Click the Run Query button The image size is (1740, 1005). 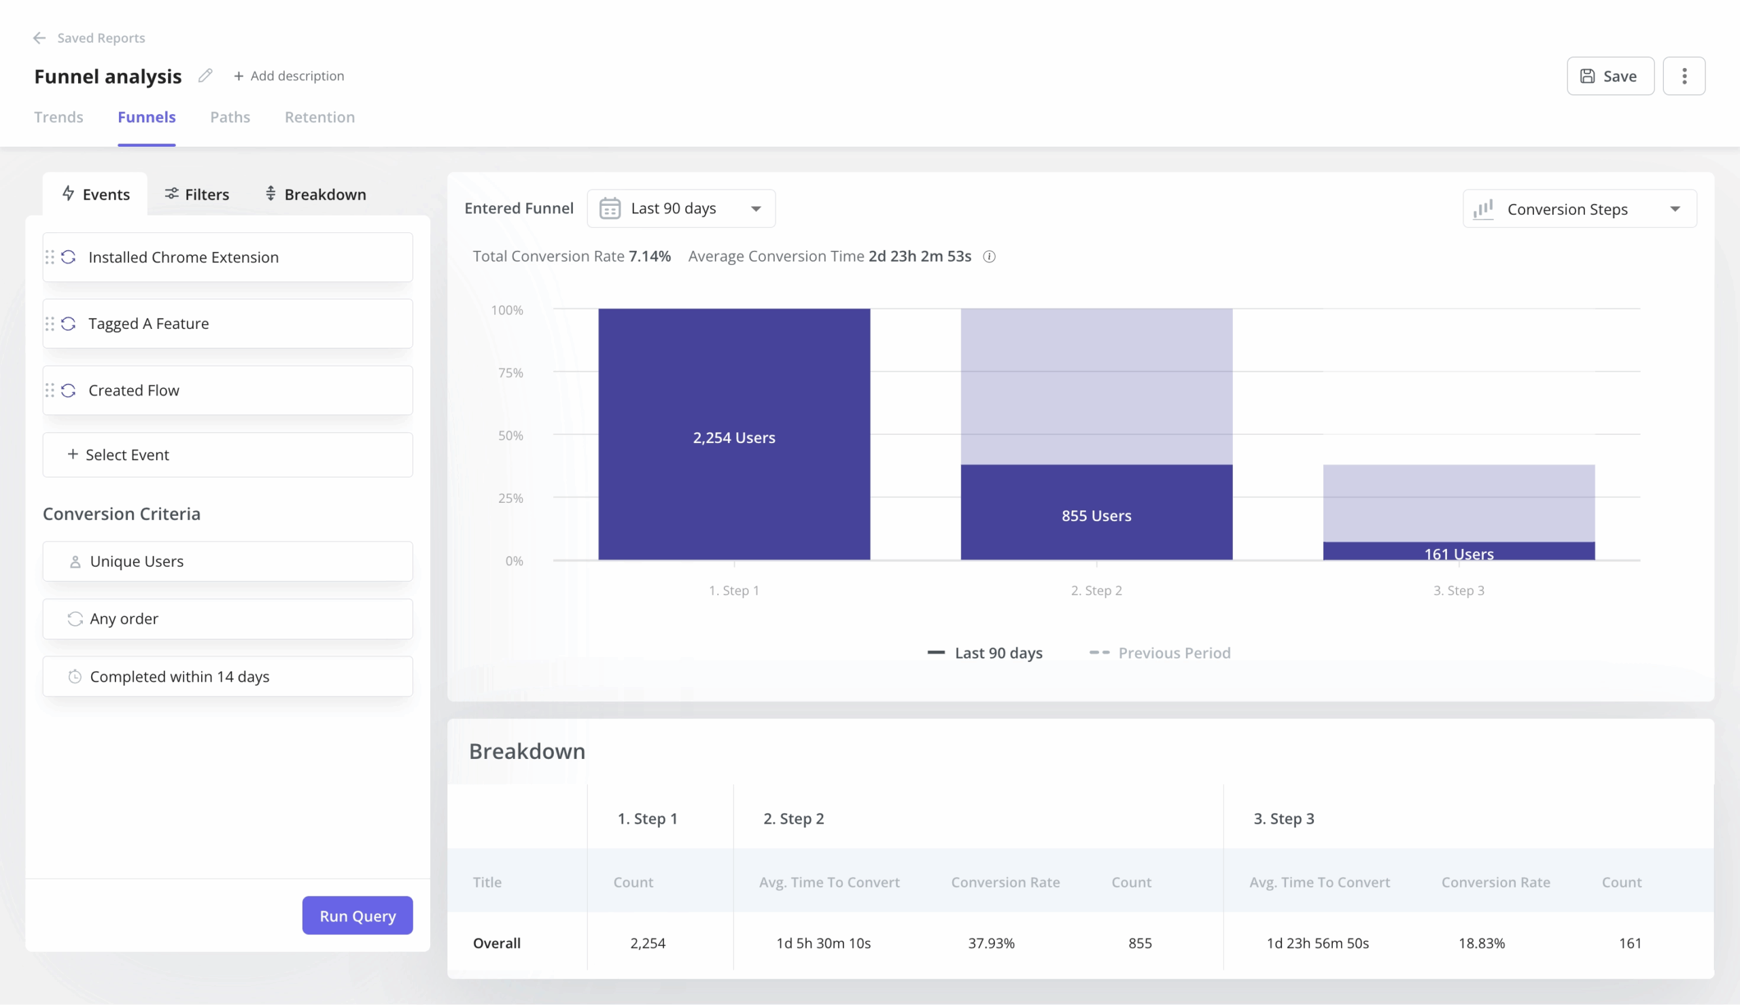click(x=357, y=915)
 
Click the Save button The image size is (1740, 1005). click(x=1609, y=76)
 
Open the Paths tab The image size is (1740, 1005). click(x=230, y=118)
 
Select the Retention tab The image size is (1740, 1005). click(x=319, y=118)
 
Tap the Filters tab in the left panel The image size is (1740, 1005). click(x=196, y=194)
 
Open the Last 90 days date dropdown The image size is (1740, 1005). click(x=680, y=209)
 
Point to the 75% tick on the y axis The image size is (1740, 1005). click(x=510, y=373)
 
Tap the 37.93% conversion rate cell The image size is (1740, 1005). click(x=991, y=943)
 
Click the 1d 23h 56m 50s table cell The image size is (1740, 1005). click(x=1317, y=943)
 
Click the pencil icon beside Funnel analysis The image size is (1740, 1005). click(x=205, y=75)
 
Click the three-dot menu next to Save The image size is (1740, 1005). click(x=1684, y=76)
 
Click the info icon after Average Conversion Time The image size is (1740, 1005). click(x=989, y=257)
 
